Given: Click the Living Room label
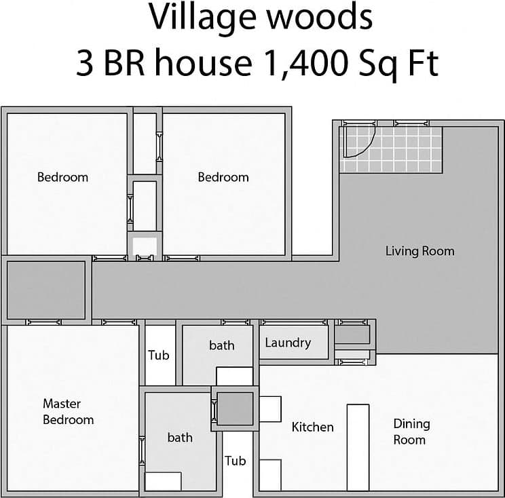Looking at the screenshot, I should point(419,251).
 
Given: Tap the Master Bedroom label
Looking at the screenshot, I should point(68,412).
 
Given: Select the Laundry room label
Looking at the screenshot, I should point(288,343).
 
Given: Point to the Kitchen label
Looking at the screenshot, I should point(312,427).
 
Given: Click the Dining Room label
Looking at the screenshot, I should point(411,432).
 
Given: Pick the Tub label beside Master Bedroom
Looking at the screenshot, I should point(159,355).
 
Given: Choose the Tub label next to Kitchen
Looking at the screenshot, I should point(235,461).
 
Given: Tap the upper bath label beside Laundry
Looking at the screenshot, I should point(221,345).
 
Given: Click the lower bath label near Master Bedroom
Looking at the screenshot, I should point(180,438).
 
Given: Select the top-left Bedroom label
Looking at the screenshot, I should point(62,177).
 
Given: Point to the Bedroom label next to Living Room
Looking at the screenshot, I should point(223,177).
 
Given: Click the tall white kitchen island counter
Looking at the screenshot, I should point(358,447).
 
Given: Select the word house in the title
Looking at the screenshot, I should point(198,64).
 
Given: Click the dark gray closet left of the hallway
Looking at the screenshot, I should point(46,290).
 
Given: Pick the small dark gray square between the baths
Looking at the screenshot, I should point(235,408).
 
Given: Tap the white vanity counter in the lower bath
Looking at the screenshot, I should point(163,481).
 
